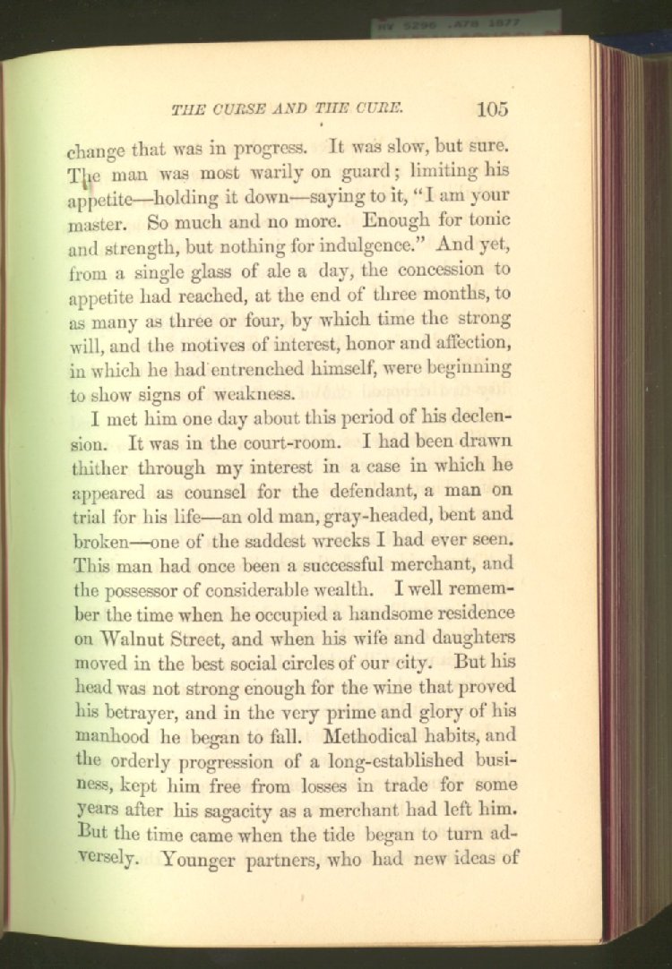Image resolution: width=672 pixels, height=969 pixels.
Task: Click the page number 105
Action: [493, 109]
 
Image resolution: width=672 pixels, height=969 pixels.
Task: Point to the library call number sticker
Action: [466, 21]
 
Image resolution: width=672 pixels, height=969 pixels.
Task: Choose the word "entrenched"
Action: [254, 368]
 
